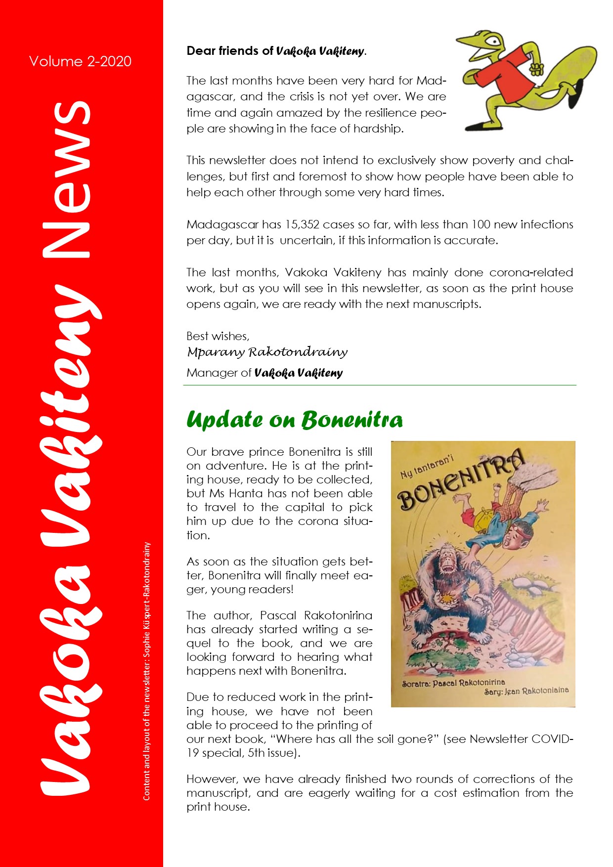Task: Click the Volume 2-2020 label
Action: click(x=80, y=61)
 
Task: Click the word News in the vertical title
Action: click(x=66, y=180)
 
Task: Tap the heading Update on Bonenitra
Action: click(x=294, y=420)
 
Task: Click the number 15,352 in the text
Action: click(x=302, y=224)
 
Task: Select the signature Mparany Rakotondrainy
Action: click(x=267, y=352)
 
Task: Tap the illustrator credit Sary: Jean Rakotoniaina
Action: click(x=526, y=691)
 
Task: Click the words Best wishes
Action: click(x=218, y=336)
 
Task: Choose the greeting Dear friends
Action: click(x=222, y=51)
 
